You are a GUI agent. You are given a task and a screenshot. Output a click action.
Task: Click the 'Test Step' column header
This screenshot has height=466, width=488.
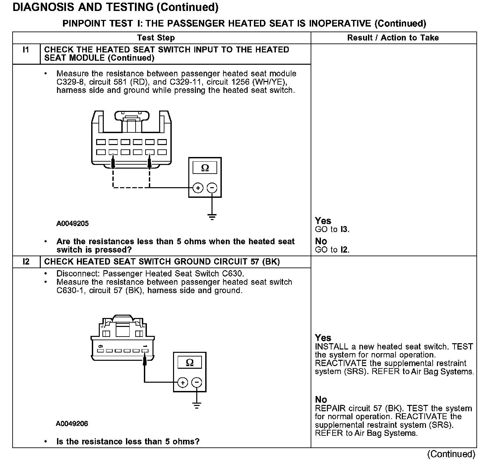[156, 38]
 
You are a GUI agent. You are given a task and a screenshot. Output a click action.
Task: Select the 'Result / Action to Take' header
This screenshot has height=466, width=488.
[393, 38]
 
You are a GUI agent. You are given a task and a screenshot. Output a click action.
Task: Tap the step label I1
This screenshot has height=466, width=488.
[26, 50]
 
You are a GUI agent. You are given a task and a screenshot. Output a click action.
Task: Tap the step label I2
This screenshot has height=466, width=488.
[26, 262]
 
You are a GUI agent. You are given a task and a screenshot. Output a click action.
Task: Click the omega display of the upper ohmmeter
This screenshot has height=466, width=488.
[205, 168]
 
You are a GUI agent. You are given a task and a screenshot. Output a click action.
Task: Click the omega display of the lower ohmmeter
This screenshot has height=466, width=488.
[190, 362]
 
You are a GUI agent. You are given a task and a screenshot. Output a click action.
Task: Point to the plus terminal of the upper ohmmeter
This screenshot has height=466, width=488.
[198, 188]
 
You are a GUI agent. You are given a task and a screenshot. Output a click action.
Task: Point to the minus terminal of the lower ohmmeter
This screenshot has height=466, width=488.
[197, 383]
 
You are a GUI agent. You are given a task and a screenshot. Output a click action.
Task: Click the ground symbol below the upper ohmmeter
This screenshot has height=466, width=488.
[212, 217]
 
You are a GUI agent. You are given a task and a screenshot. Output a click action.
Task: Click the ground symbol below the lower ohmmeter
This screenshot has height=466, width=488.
[197, 405]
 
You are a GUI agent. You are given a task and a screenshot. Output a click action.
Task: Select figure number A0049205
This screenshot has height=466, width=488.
[73, 224]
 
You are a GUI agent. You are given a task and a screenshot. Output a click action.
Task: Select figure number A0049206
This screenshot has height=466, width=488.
[72, 424]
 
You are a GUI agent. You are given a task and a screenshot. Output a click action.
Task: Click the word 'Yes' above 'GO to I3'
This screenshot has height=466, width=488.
[323, 221]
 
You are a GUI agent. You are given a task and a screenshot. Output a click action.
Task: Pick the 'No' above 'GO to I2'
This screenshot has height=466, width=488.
[321, 241]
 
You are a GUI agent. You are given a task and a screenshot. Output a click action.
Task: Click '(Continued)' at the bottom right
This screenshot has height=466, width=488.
[451, 454]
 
